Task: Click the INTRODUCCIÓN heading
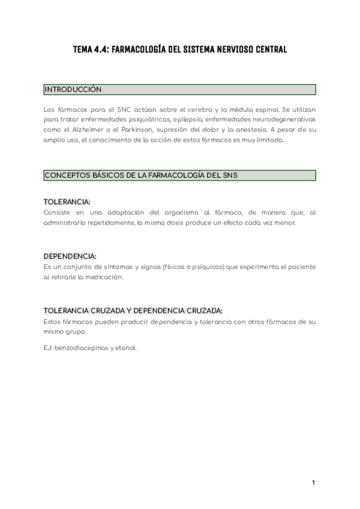click(73, 89)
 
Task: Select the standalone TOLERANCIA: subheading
click(67, 202)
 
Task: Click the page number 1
click(313, 483)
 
